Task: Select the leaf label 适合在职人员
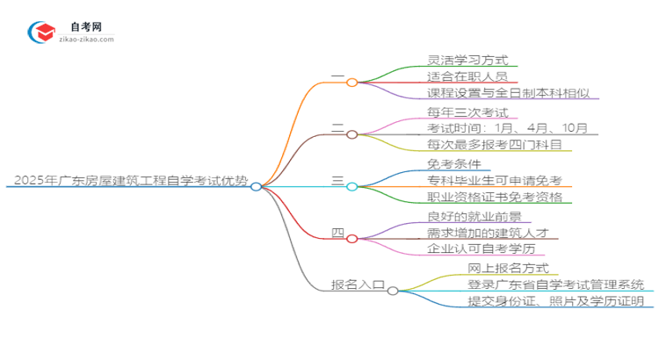(x=457, y=76)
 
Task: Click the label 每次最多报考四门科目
(x=495, y=145)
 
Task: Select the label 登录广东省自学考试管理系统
(x=556, y=284)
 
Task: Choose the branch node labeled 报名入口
(x=357, y=284)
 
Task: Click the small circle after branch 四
(x=351, y=238)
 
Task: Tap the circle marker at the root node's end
(x=256, y=186)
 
